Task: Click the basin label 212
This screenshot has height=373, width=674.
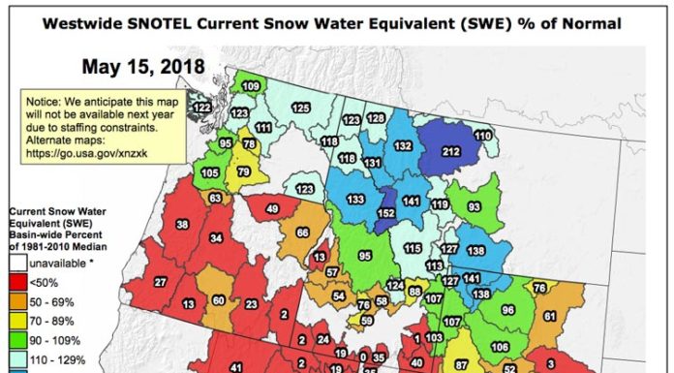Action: point(450,151)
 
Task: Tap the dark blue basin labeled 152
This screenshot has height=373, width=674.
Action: point(385,213)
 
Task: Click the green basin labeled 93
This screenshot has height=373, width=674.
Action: point(475,206)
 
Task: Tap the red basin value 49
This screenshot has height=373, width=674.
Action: point(272,208)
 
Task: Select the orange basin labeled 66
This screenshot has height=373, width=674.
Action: point(302,233)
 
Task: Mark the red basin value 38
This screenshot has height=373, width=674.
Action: point(181,224)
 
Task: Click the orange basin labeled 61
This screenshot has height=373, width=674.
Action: point(550,315)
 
